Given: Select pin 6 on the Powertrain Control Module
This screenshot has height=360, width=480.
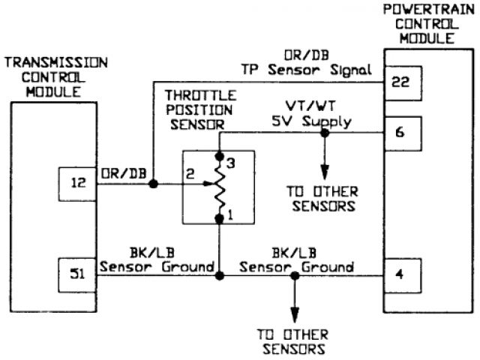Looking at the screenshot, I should click(400, 132).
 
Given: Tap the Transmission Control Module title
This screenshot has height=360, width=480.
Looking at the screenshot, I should click(56, 75).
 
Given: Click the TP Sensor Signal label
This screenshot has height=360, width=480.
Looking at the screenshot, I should click(305, 70).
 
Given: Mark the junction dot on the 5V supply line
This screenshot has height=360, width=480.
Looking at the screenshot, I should click(324, 133).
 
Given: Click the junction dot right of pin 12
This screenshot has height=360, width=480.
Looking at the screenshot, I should click(152, 183).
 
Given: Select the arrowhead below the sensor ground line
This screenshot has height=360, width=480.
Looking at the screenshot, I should click(295, 313).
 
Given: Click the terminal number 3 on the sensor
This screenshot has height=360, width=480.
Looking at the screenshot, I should click(232, 161).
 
